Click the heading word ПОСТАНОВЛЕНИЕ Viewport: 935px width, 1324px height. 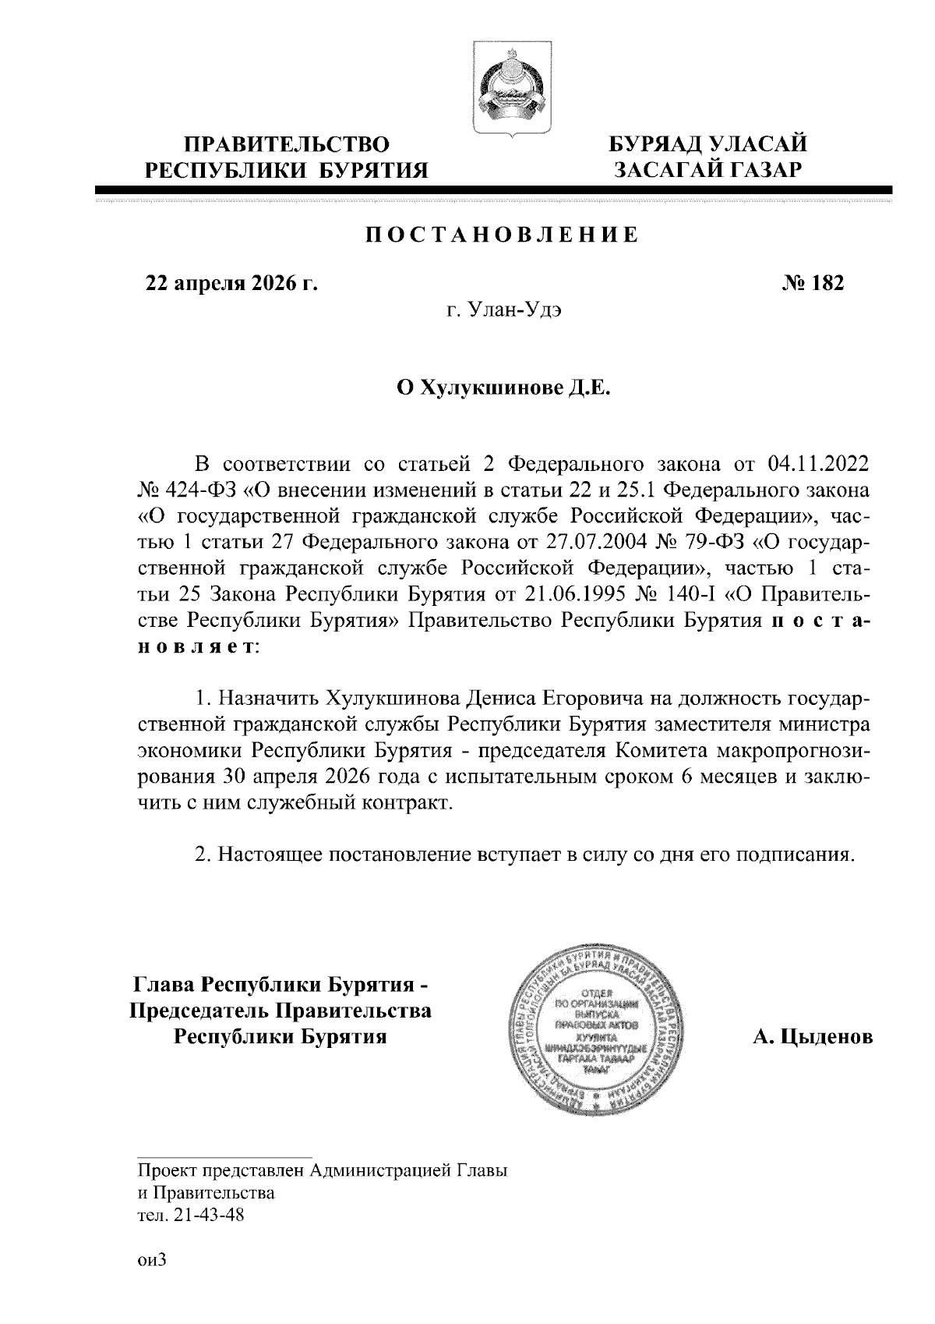click(x=502, y=235)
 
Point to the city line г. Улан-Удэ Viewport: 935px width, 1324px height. click(x=503, y=312)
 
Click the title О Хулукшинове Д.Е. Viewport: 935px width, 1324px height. click(x=503, y=388)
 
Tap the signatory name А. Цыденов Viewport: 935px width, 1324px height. click(x=812, y=1038)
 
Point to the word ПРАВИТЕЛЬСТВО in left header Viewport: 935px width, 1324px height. click(x=287, y=145)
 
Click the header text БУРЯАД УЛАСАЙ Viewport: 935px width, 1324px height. click(x=707, y=145)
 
